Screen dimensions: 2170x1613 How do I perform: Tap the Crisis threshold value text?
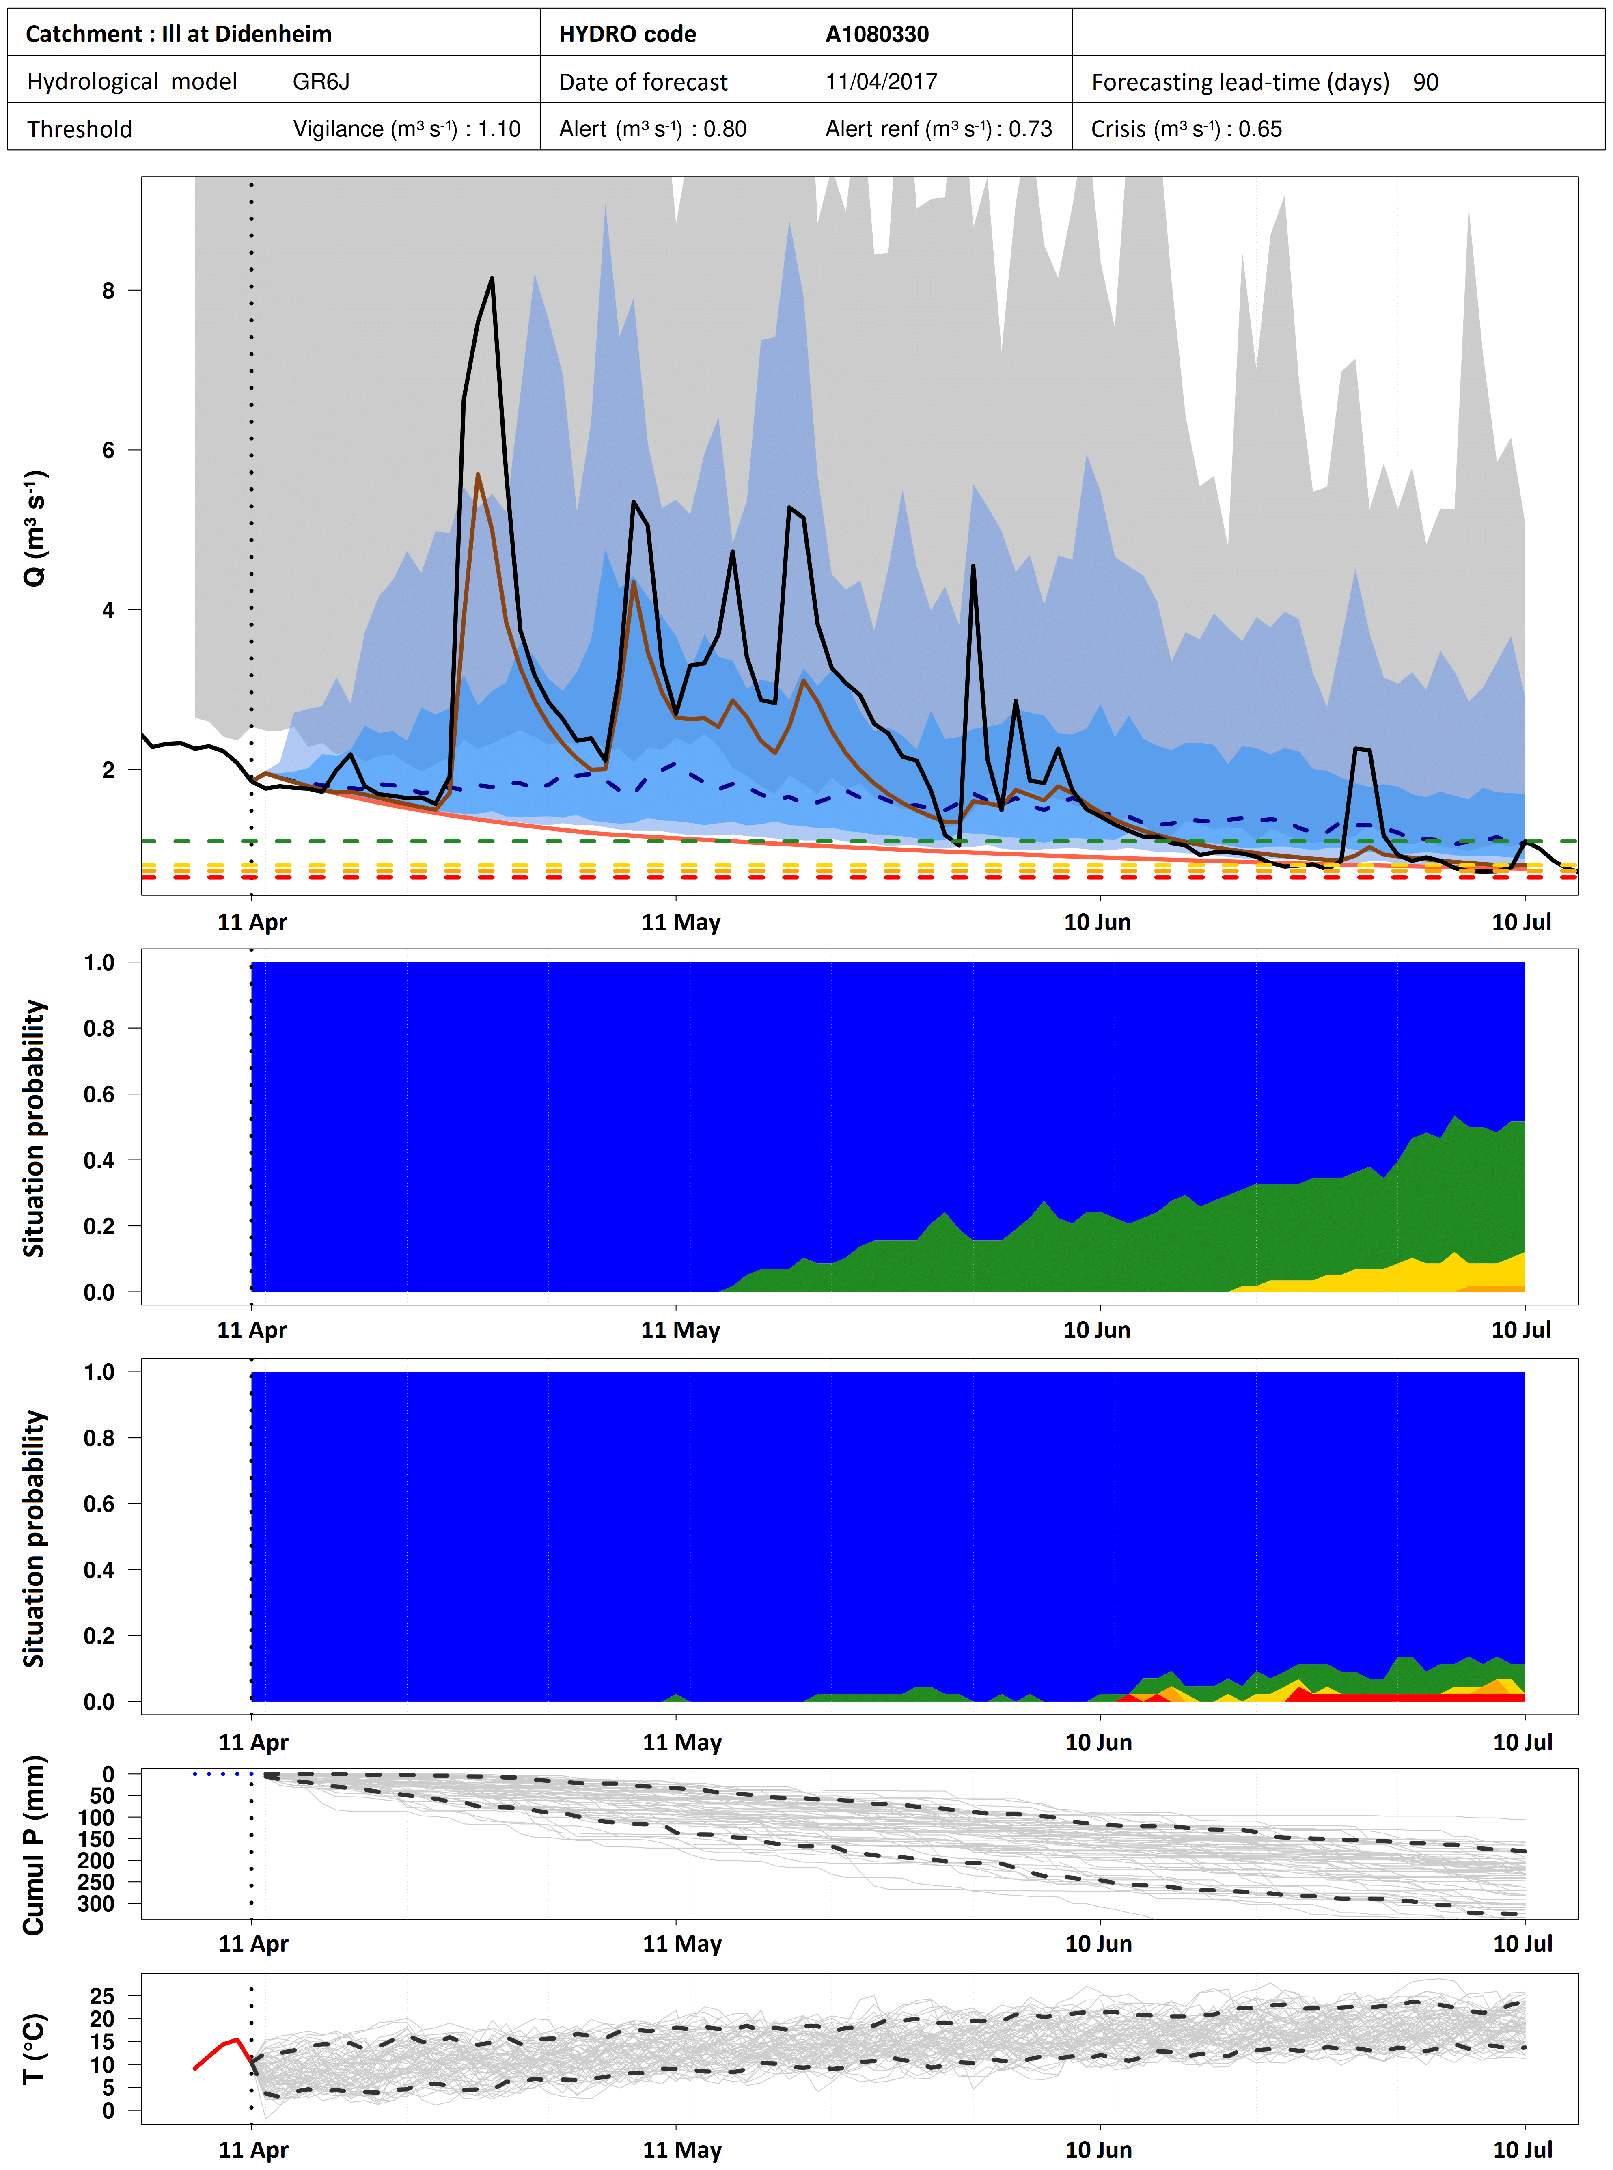1185,129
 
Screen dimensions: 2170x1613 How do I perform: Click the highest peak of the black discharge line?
491,279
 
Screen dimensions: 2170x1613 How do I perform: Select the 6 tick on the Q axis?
108,450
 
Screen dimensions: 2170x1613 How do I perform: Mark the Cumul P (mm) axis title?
34,1845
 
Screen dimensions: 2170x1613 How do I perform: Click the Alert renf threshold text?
938,129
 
